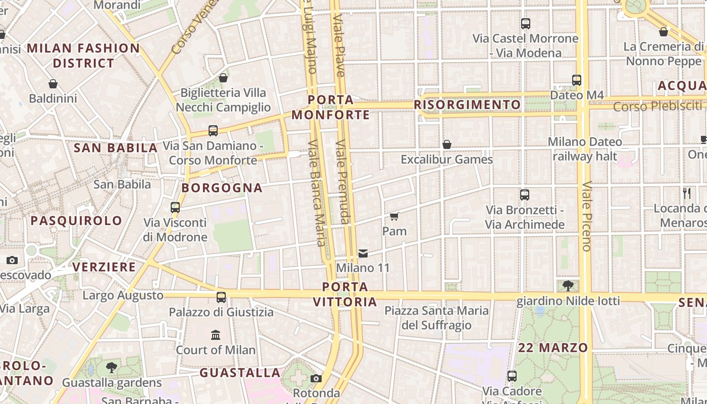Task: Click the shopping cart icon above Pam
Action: (x=394, y=217)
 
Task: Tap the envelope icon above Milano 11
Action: (x=363, y=253)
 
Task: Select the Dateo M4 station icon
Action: (x=576, y=80)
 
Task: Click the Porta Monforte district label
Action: (x=331, y=107)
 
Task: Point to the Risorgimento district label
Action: (x=467, y=105)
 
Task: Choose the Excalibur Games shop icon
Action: (x=446, y=145)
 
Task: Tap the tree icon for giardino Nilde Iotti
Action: (x=568, y=286)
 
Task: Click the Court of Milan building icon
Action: (x=216, y=335)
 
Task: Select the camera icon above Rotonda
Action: (x=316, y=378)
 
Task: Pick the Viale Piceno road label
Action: (x=586, y=216)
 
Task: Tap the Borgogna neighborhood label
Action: (x=222, y=188)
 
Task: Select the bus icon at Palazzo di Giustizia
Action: (x=221, y=297)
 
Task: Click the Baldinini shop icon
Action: (x=53, y=84)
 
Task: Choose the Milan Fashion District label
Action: (x=83, y=56)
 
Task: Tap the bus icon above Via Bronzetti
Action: (x=525, y=195)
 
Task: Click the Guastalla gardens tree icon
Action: (x=112, y=368)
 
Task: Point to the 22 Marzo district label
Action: (x=553, y=347)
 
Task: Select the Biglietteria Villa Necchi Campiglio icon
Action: (x=223, y=78)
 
